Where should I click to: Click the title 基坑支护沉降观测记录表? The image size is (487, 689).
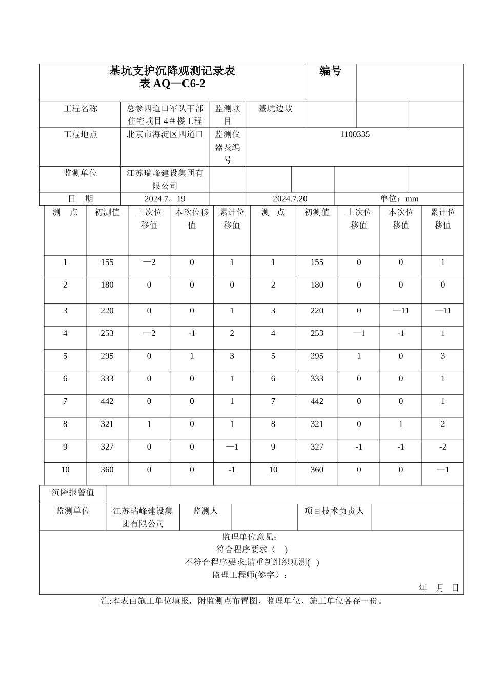tap(172, 71)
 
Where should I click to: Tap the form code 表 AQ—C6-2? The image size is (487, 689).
tap(172, 84)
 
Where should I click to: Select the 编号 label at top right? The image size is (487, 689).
tap(330, 71)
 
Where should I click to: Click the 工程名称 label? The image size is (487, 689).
tap(80, 109)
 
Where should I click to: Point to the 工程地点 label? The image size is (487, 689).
tap(80, 134)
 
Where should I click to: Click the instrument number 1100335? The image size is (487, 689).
tap(354, 134)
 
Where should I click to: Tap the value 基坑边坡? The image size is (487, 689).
tap(275, 109)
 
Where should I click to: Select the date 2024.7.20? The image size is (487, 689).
tap(290, 199)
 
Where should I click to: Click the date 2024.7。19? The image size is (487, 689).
tap(165, 199)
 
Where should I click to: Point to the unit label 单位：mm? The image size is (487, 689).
tap(399, 199)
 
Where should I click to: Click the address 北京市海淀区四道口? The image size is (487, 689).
tap(165, 134)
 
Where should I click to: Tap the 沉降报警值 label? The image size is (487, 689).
tap(73, 492)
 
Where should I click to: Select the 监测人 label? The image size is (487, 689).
tap(205, 511)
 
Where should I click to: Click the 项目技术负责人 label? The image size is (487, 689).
tap(334, 511)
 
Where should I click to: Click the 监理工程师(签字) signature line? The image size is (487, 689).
tap(250, 575)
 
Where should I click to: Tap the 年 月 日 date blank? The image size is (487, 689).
tap(439, 588)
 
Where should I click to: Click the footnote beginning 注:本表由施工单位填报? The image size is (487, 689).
tap(241, 601)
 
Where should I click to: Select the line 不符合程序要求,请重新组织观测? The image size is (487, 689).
tap(251, 562)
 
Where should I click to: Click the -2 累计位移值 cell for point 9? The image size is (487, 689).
tap(442, 447)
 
